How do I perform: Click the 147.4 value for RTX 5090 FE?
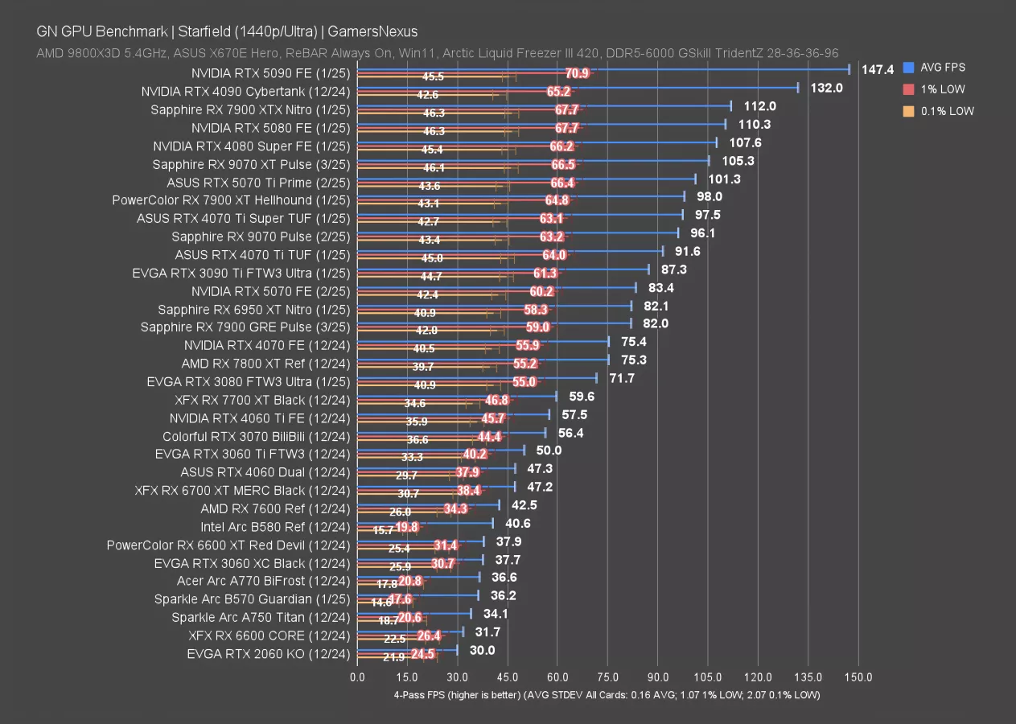[x=878, y=70]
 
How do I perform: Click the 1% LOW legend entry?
[x=944, y=89]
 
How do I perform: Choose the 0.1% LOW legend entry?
[x=948, y=111]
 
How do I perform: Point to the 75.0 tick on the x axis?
[x=608, y=677]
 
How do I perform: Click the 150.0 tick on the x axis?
[x=859, y=677]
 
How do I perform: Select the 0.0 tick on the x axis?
[x=357, y=677]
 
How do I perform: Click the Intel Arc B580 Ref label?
[x=275, y=527]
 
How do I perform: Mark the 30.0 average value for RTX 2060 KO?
[x=483, y=651]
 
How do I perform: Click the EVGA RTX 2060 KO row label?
[x=268, y=654]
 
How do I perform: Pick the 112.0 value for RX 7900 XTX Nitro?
[x=759, y=106]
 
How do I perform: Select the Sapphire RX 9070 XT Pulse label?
[x=251, y=164]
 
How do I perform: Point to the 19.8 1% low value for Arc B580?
[x=406, y=527]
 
